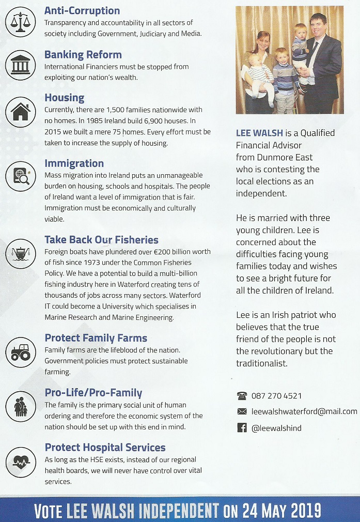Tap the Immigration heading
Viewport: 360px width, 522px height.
point(74,164)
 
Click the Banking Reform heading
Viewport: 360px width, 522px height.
point(83,55)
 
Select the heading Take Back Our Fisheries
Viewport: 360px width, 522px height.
point(101,240)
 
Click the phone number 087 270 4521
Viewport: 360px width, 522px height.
point(276,396)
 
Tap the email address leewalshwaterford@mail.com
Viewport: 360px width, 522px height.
point(304,411)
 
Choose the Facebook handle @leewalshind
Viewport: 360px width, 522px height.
point(276,428)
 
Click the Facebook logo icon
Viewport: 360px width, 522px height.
point(241,427)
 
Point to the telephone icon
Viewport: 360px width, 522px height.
point(241,396)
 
